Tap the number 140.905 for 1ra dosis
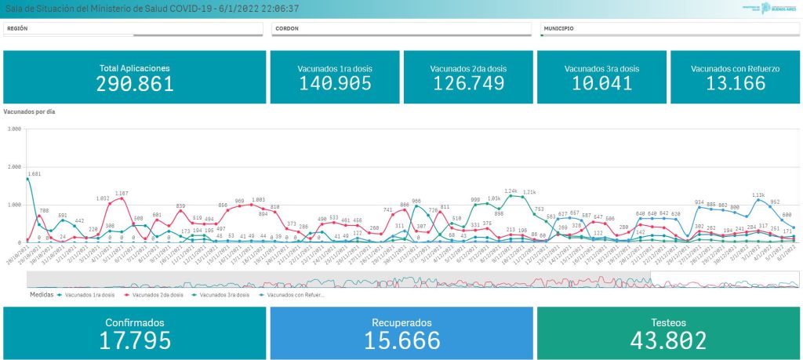click(335, 83)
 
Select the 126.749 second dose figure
click(468, 83)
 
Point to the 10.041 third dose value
click(601, 83)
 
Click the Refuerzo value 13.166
click(735, 83)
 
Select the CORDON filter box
click(401, 29)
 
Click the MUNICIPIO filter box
click(669, 29)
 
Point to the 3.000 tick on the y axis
click(13, 129)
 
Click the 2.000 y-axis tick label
click(13, 167)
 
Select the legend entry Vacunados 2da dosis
click(158, 295)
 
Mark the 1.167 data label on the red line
click(122, 193)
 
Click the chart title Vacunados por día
click(29, 112)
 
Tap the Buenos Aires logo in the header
click(769, 9)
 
